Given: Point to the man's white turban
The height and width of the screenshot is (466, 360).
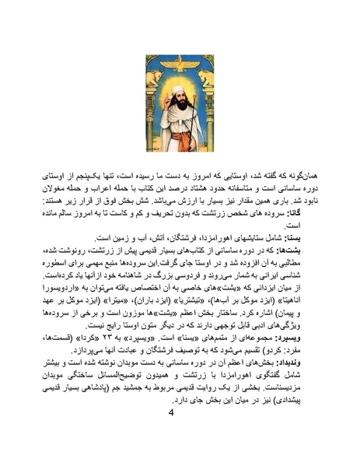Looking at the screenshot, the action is (x=180, y=84).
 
